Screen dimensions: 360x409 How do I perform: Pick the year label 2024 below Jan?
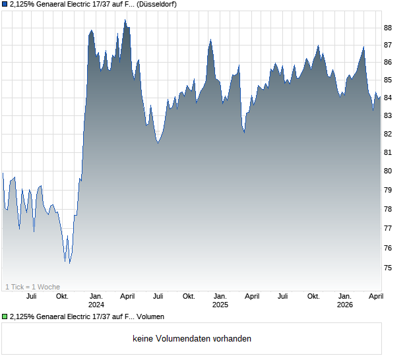pyautogui.click(x=96, y=305)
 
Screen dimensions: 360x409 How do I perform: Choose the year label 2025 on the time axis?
pyautogui.click(x=220, y=305)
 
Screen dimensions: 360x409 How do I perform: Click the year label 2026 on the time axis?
pyautogui.click(x=345, y=305)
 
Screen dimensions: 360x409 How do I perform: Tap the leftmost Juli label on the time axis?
pyautogui.click(x=31, y=296)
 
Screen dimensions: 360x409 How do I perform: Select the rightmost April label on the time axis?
pyautogui.click(x=376, y=296)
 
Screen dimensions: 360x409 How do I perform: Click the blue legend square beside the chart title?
pyautogui.click(x=5, y=4)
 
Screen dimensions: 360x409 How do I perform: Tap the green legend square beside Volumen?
pyautogui.click(x=5, y=317)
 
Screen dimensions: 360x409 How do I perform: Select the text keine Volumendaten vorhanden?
pyautogui.click(x=192, y=339)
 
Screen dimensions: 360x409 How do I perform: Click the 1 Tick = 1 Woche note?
pyautogui.click(x=32, y=287)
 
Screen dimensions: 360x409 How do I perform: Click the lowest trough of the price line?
pyautogui.click(x=69, y=263)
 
